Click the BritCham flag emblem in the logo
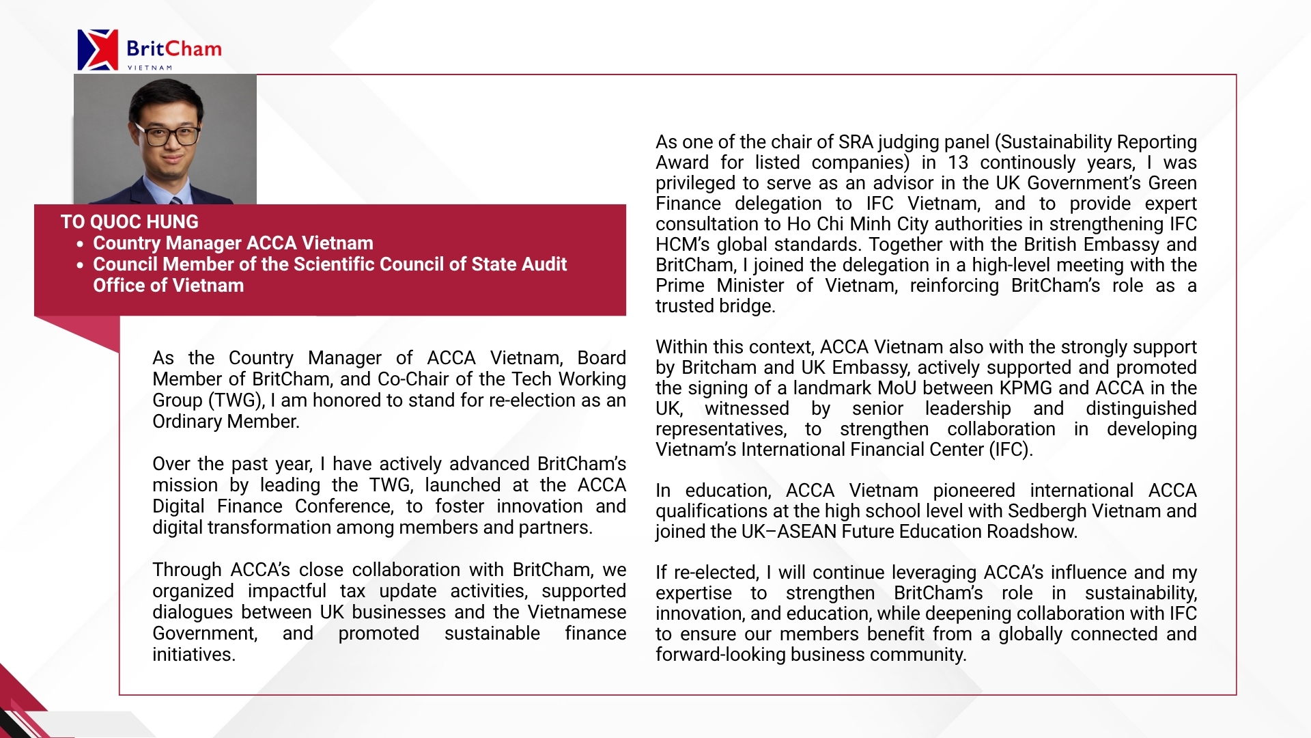click(98, 49)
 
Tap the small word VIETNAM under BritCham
click(150, 68)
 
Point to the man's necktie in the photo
click(175, 200)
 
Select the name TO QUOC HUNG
click(129, 222)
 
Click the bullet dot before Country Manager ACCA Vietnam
click(81, 244)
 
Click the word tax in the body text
click(353, 591)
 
